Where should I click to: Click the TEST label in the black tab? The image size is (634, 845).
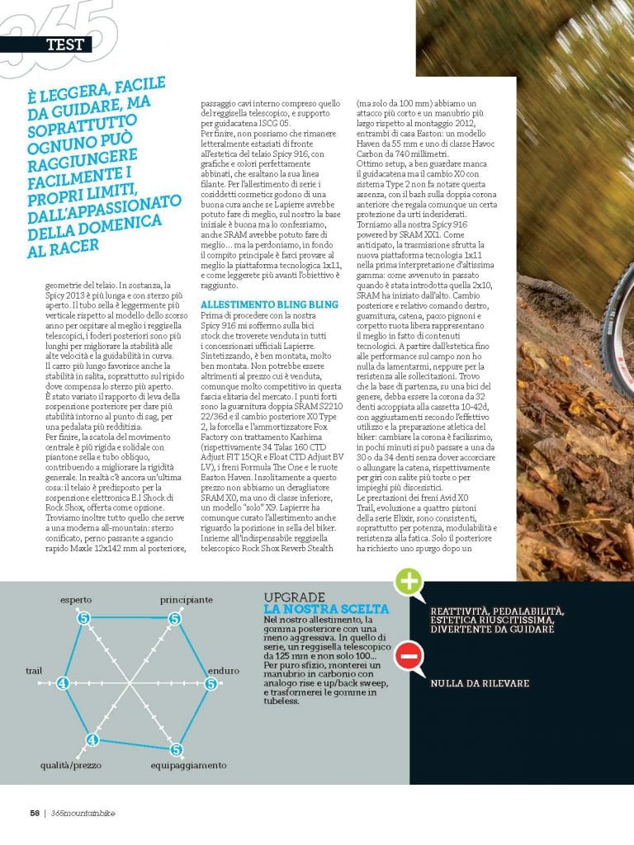pyautogui.click(x=64, y=45)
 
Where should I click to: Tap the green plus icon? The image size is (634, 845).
pyautogui.click(x=409, y=583)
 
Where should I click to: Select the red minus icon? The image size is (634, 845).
pyautogui.click(x=409, y=658)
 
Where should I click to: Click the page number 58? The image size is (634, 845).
pyautogui.click(x=35, y=812)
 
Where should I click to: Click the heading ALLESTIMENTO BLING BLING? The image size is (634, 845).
pyautogui.click(x=258, y=304)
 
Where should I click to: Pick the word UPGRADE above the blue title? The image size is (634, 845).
pyautogui.click(x=296, y=597)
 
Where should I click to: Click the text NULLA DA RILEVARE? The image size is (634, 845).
pyautogui.click(x=479, y=683)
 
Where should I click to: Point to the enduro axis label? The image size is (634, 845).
pyautogui.click(x=223, y=670)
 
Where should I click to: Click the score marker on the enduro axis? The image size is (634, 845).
pyautogui.click(x=211, y=683)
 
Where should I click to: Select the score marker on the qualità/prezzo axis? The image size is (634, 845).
pyautogui.click(x=92, y=739)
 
